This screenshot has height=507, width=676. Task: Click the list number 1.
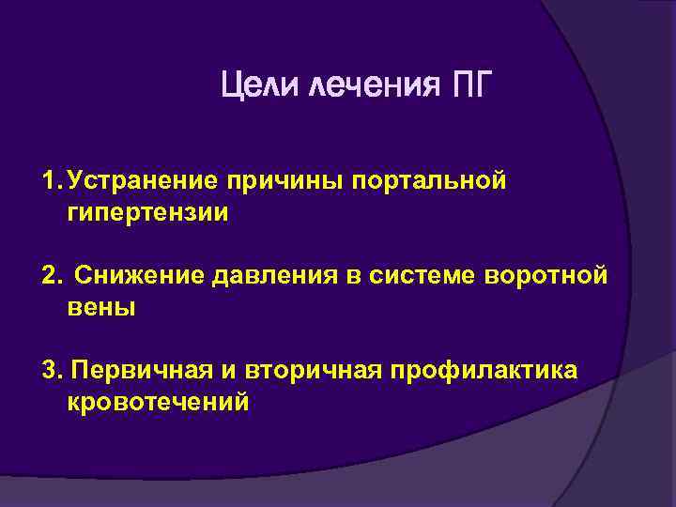50,179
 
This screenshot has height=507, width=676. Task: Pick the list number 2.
51,275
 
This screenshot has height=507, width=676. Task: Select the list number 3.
51,370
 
